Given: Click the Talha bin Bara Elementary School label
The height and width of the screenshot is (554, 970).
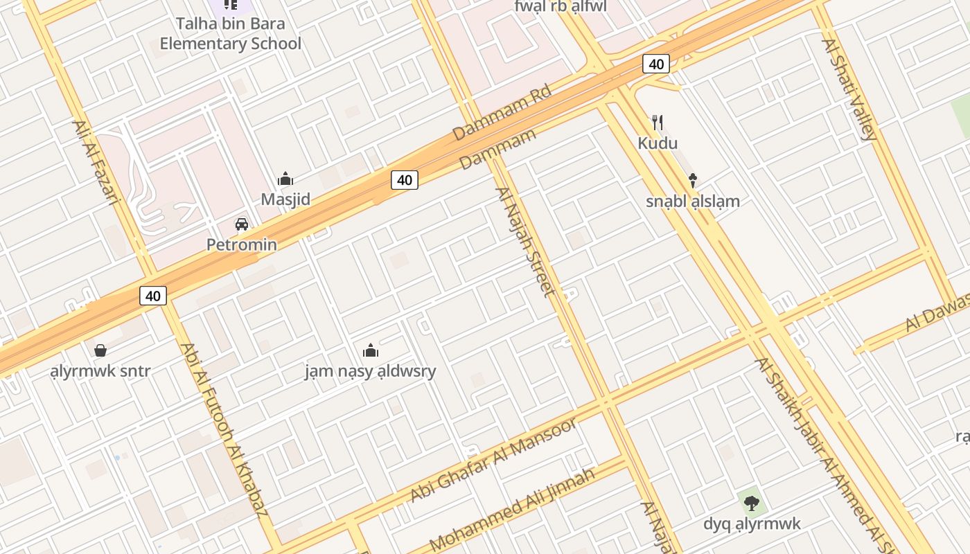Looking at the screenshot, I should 230,34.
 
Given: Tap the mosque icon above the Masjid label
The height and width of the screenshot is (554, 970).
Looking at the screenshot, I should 285,179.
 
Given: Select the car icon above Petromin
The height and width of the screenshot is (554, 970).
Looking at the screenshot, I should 242,224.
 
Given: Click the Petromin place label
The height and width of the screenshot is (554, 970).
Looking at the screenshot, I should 242,244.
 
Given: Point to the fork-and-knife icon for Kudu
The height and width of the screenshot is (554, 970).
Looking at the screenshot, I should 658,123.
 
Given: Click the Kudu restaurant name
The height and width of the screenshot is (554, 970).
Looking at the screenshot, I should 658,143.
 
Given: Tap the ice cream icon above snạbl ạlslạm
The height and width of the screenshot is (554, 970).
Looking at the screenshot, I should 692,181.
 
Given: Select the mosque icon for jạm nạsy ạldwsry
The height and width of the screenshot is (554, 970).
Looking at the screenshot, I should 371,350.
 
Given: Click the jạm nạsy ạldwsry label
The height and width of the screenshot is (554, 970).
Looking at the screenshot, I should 371,371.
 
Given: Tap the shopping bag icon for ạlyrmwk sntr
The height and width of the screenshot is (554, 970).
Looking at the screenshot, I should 100,350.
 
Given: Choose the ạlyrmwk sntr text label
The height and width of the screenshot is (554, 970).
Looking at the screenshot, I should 100,371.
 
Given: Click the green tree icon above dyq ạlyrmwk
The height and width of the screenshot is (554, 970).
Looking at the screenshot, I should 752,503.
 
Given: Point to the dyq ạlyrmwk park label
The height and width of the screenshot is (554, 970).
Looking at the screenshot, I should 752,524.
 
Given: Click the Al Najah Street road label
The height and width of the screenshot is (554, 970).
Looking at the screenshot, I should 525,242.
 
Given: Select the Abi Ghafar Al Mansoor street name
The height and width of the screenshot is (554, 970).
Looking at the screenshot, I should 493,460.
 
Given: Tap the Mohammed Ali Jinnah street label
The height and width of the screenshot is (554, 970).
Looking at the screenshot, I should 512,508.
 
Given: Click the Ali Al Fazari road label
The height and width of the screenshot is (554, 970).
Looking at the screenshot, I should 95,163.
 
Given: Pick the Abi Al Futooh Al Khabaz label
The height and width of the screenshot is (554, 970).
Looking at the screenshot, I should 223,429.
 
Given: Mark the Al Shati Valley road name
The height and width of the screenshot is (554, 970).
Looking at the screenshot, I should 849,89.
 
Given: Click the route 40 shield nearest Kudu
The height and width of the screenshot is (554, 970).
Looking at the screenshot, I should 655,64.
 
